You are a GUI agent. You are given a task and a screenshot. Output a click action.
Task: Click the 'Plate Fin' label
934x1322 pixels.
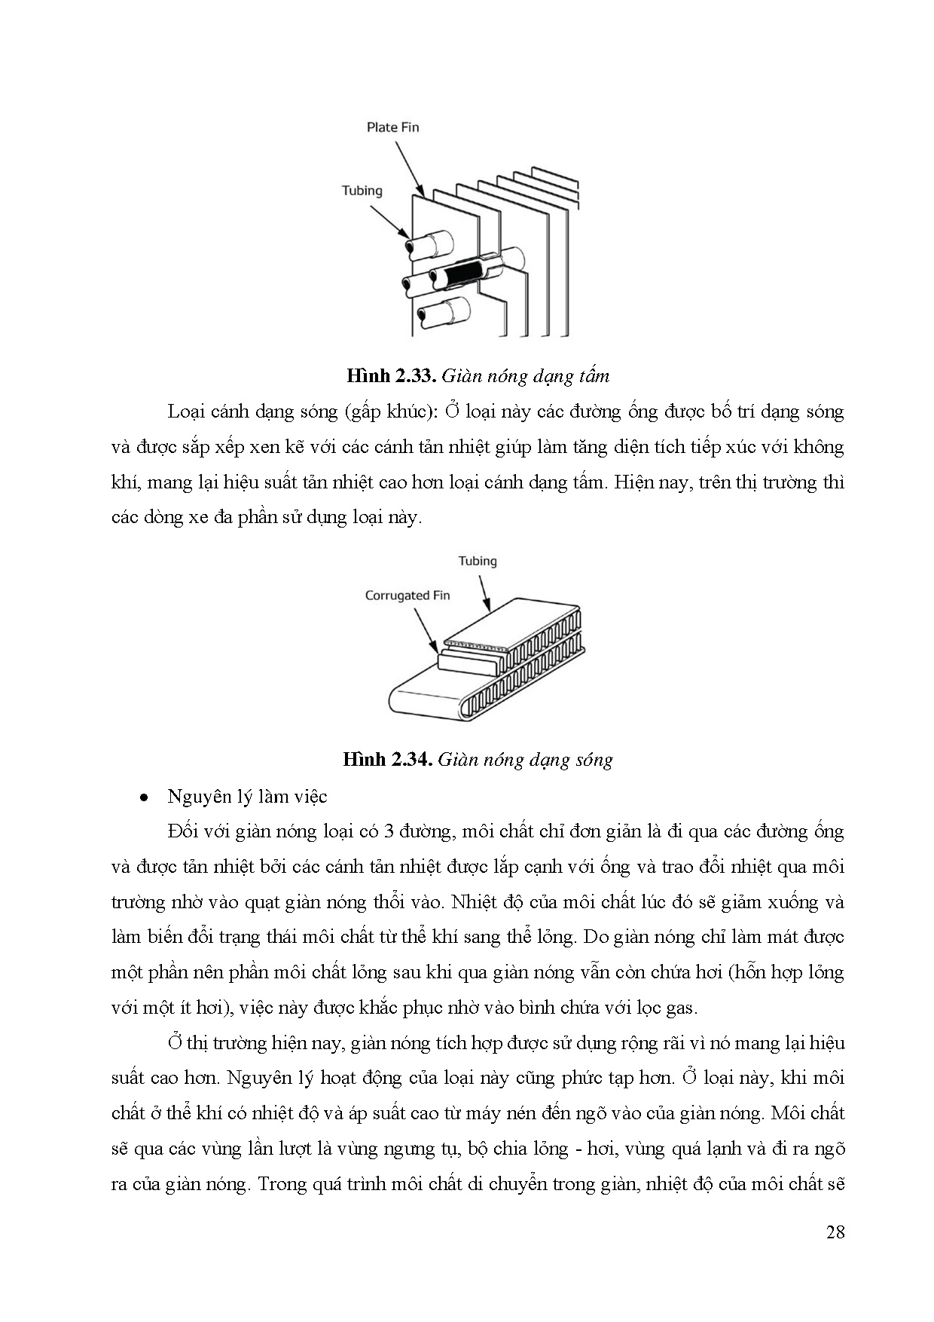tap(392, 127)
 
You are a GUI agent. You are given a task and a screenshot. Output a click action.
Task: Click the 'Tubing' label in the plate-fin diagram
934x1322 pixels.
tap(362, 191)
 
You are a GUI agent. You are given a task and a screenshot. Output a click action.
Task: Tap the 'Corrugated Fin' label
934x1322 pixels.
tap(407, 595)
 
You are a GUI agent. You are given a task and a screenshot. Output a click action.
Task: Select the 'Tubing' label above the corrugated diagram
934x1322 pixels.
tap(478, 561)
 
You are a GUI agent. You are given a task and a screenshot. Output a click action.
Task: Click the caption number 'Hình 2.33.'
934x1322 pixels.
tap(391, 375)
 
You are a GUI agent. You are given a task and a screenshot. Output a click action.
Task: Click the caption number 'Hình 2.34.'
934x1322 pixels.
tap(387, 759)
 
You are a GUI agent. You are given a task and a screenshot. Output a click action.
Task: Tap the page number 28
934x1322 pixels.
tap(835, 1232)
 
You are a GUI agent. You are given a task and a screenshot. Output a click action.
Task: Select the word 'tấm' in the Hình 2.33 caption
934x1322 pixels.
tap(594, 375)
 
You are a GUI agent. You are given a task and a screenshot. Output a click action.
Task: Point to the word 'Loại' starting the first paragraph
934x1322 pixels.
tap(187, 412)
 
